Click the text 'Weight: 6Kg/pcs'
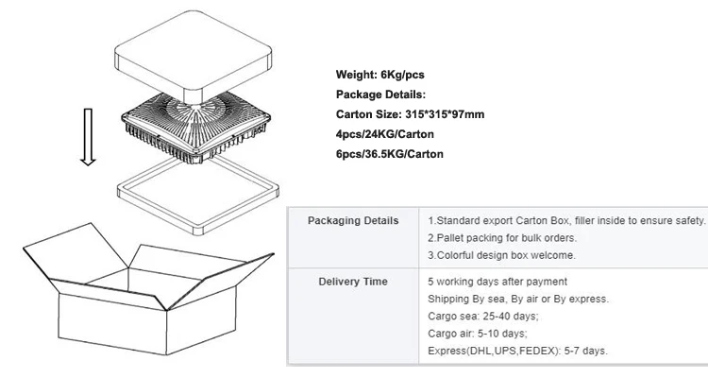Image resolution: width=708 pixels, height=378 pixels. [378, 74]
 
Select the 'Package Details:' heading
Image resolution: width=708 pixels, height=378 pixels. [380, 94]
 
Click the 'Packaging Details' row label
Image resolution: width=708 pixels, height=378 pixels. [353, 220]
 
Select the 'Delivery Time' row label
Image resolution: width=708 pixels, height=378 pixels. [353, 282]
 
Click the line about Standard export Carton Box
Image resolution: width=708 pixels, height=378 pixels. [566, 220]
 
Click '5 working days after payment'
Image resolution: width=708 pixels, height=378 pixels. [497, 282]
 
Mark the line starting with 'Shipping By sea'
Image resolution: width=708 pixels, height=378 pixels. [518, 299]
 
